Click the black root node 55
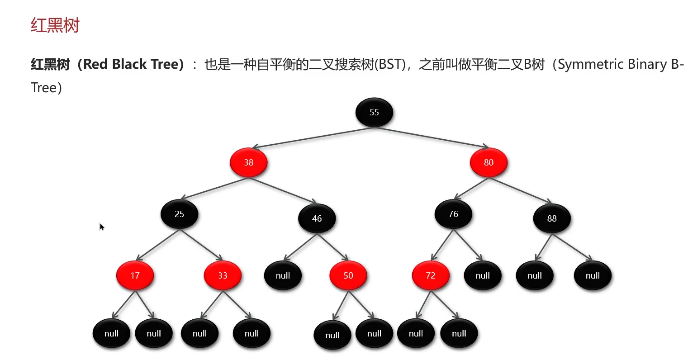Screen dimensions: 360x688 (374, 112)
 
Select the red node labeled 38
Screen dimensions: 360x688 (248, 162)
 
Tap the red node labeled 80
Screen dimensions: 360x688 (489, 162)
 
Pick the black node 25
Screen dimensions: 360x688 (180, 214)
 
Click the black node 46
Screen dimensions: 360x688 (317, 218)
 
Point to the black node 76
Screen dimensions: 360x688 (453, 214)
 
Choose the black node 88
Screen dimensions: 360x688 (552, 218)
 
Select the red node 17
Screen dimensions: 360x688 (135, 275)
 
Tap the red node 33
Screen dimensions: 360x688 (223, 275)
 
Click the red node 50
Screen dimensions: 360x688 (348, 275)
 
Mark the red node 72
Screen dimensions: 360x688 (431, 275)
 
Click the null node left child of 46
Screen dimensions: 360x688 (283, 275)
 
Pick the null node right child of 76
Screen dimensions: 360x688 (483, 275)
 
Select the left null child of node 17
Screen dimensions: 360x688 (111, 333)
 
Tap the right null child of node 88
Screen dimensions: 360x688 (593, 275)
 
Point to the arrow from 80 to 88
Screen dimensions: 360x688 (520, 190)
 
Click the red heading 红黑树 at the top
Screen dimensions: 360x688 (55, 25)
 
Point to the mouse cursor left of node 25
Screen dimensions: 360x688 (101, 226)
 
